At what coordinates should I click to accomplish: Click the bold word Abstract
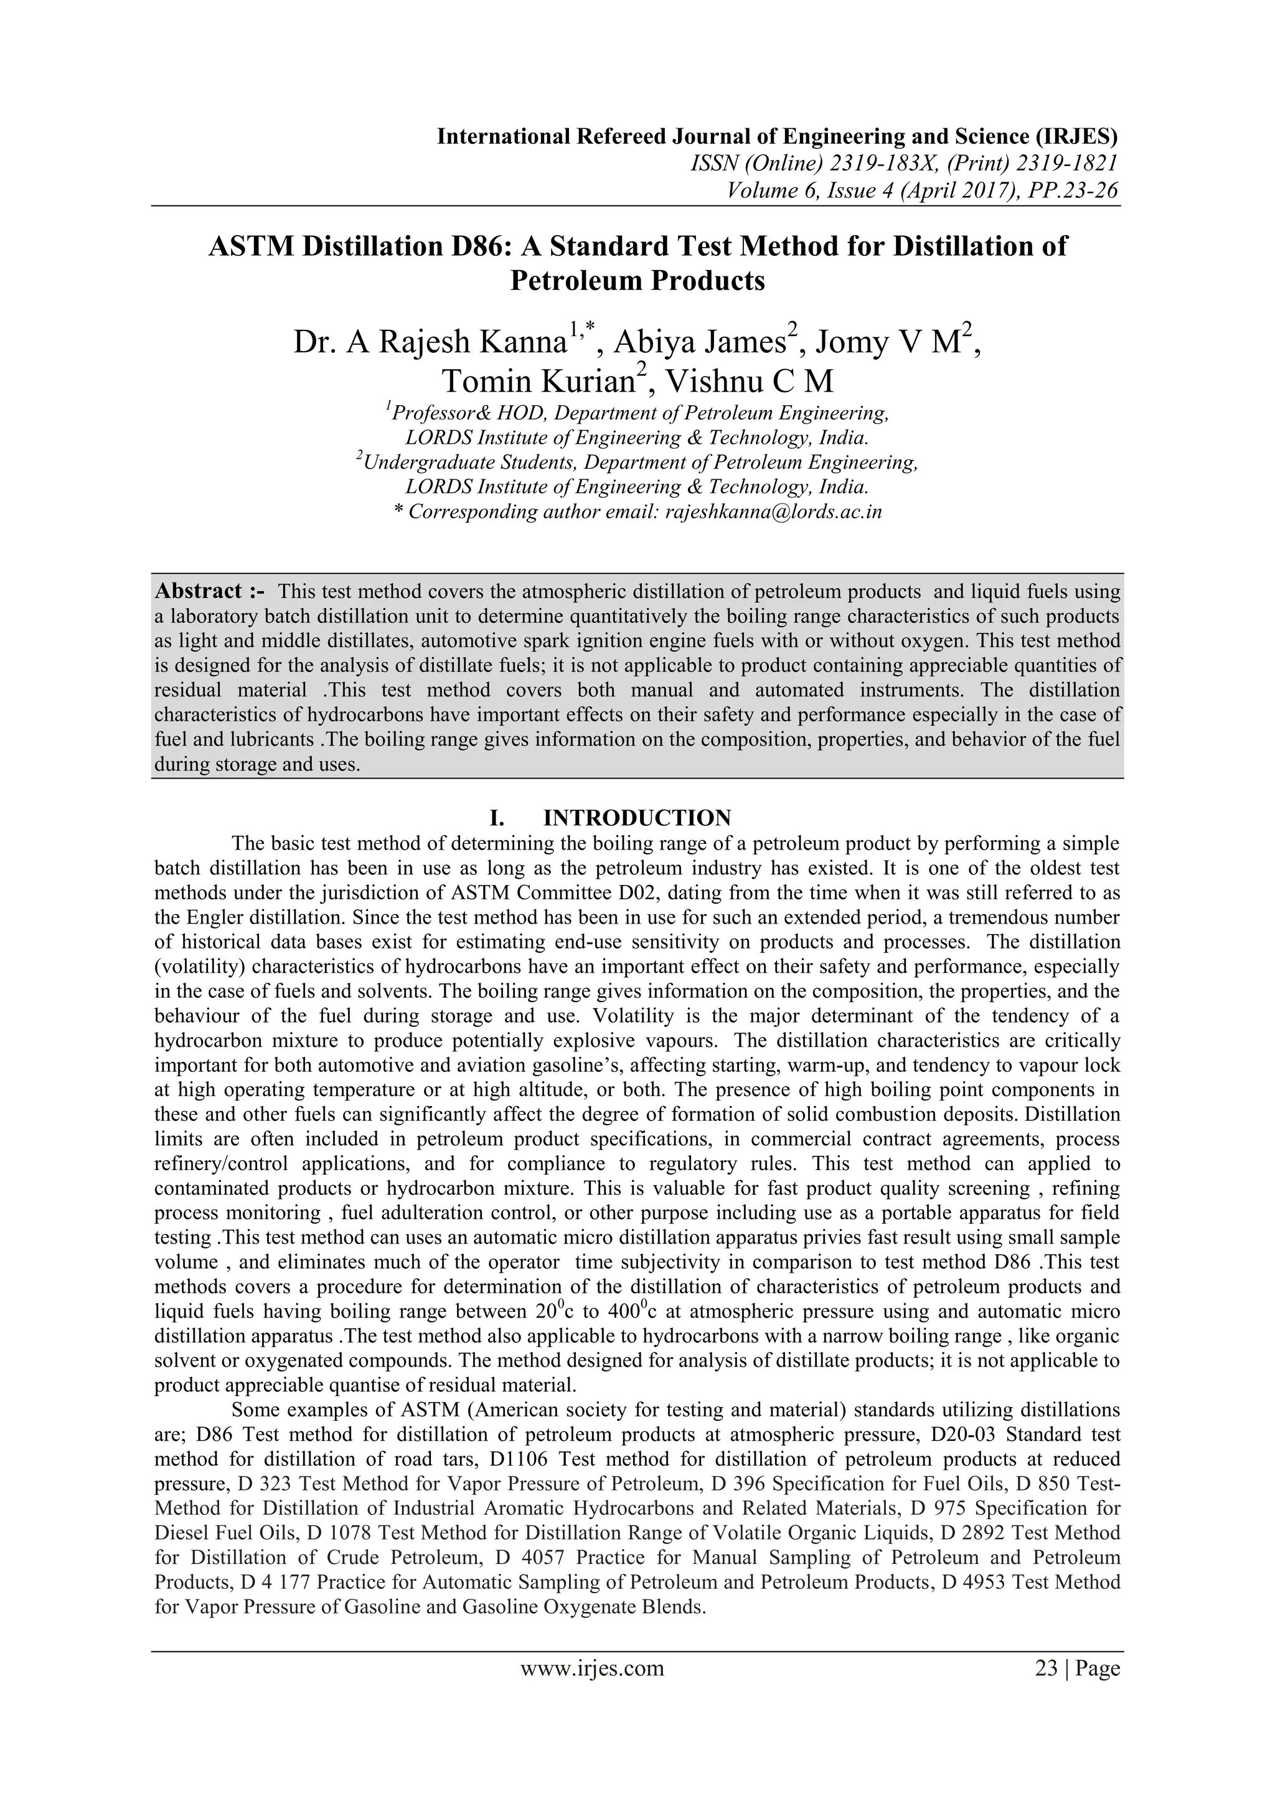tap(199, 591)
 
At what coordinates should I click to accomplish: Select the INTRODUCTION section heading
tap(637, 818)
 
